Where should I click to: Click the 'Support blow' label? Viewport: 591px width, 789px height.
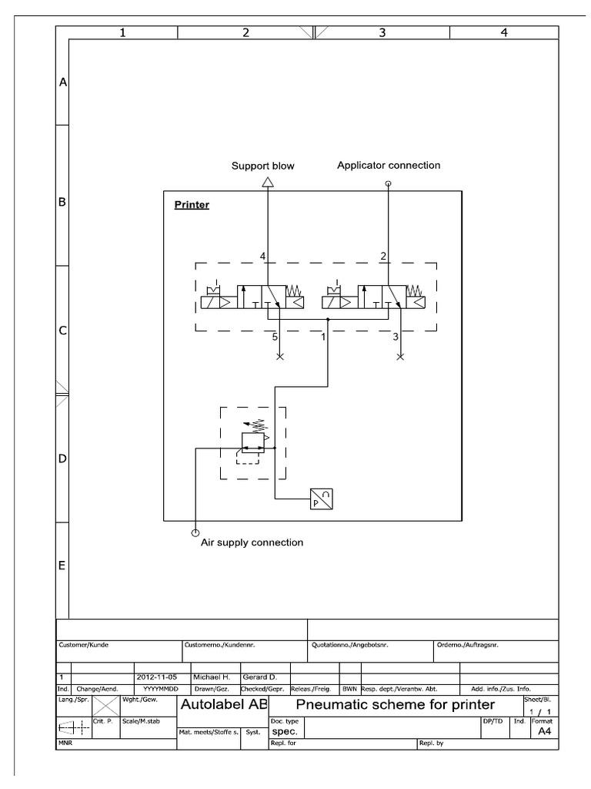[263, 166]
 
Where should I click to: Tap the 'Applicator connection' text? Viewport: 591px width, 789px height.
[389, 165]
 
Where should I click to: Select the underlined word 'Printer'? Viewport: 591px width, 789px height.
[192, 205]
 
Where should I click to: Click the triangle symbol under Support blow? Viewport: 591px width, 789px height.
[267, 182]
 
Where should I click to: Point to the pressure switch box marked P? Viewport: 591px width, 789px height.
[320, 499]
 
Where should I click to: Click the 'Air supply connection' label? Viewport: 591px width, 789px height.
[252, 542]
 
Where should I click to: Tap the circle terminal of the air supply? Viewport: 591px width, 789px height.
[195, 532]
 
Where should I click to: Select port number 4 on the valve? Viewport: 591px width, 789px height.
[262, 256]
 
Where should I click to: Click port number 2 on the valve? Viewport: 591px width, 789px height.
[382, 256]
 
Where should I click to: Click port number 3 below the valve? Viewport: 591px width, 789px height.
[395, 336]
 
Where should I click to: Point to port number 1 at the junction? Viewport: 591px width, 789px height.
[323, 336]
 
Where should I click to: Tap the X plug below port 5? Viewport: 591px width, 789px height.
[280, 357]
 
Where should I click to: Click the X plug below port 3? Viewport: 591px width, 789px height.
[400, 357]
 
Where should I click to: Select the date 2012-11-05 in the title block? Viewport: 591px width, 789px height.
[156, 677]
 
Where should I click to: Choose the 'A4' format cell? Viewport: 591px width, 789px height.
[544, 732]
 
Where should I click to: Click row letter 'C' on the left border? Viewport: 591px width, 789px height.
[63, 331]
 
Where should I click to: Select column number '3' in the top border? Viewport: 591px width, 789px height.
[382, 32]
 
